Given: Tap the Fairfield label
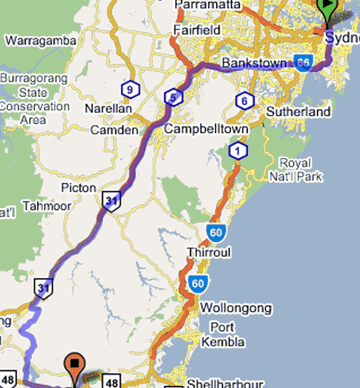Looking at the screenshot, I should [197, 30].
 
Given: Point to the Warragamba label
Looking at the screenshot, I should [41, 41].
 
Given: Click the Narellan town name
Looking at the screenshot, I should [108, 108].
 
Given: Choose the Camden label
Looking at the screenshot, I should [114, 129].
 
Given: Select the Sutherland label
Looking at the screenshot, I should [299, 112].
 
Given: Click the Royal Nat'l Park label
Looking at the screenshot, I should [301, 170].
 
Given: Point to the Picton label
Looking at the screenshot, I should [78, 187].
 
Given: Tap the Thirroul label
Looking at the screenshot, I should [208, 252].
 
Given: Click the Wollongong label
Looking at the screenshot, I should [236, 308].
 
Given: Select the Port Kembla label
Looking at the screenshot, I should [223, 335].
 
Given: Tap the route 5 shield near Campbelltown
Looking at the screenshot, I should [173, 98].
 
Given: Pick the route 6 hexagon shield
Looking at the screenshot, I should [243, 101].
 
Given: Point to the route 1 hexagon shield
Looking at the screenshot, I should [237, 151].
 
